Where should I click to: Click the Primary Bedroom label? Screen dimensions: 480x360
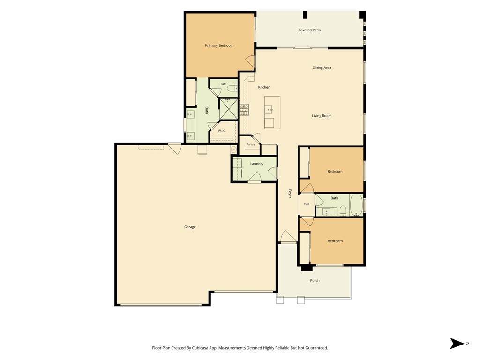219,45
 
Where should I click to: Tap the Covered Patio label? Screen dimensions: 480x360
309,30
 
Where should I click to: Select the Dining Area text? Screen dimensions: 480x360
322,67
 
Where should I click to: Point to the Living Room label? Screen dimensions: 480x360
322,116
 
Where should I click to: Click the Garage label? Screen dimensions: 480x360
190,227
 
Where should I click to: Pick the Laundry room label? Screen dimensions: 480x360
256,164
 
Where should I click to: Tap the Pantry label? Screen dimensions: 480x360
250,144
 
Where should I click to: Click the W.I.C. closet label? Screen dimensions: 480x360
222,131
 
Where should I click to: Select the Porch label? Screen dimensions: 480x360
315,280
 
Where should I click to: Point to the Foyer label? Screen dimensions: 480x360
290,194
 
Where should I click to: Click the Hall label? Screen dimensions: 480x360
307,204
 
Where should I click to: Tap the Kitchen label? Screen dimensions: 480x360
264,87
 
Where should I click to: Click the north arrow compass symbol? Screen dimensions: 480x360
457,344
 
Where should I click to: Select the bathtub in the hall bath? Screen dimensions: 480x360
356,205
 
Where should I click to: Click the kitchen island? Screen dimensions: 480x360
272,112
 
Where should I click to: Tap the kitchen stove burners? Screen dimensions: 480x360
244,110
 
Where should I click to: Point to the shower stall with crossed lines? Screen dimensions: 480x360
228,108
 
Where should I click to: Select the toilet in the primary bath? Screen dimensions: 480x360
232,89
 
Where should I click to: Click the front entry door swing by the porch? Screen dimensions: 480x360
288,236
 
